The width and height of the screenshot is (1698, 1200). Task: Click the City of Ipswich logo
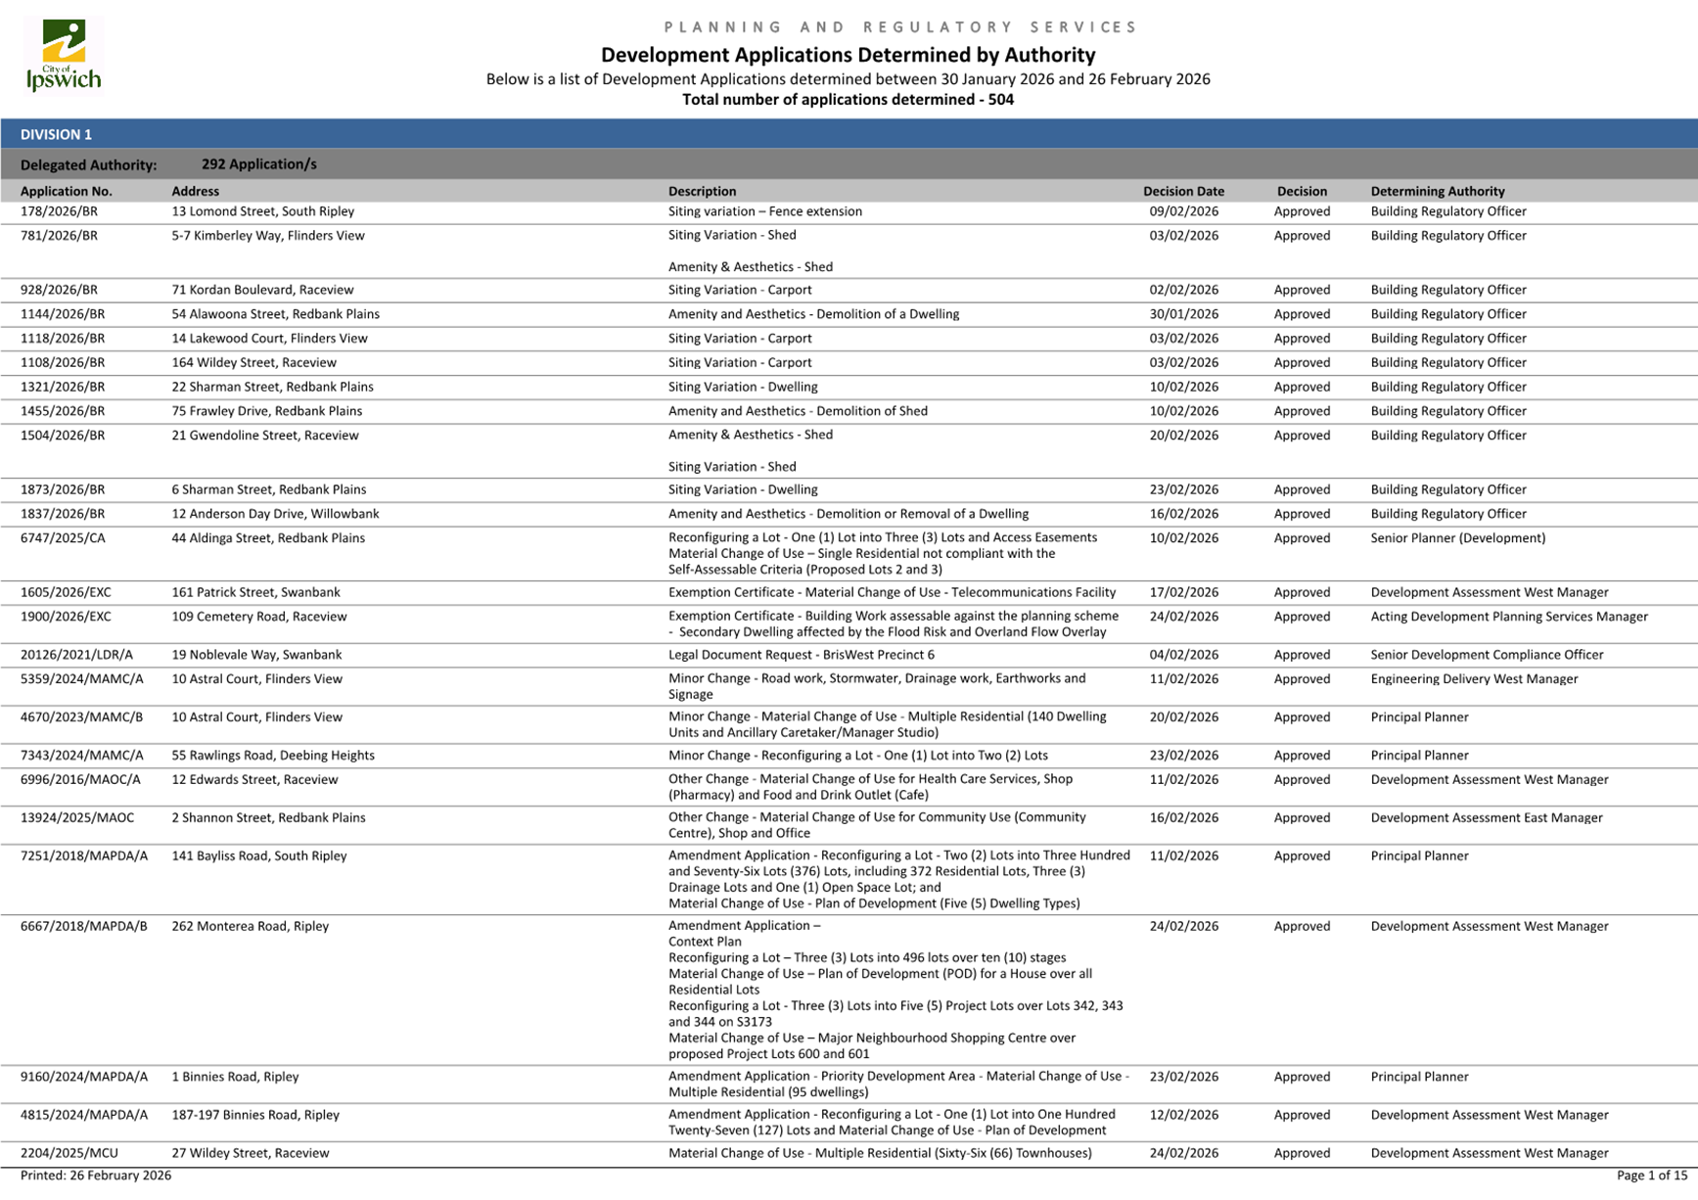(x=64, y=55)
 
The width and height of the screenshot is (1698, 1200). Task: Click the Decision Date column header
(x=1183, y=191)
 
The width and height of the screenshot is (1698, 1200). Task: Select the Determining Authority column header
(x=1437, y=191)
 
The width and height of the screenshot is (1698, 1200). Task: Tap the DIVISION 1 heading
(x=56, y=134)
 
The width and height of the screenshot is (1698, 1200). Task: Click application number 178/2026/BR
(x=59, y=211)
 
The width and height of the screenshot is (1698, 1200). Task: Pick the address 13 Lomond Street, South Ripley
(x=262, y=211)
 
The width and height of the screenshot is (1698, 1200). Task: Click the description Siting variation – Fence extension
(x=764, y=211)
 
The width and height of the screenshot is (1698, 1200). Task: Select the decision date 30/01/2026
(x=1183, y=314)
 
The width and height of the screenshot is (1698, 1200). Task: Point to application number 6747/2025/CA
(x=63, y=538)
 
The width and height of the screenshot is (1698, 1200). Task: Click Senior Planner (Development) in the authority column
(x=1457, y=538)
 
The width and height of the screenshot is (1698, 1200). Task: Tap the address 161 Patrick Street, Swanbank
(x=255, y=592)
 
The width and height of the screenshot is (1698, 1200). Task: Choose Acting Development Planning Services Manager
(x=1508, y=617)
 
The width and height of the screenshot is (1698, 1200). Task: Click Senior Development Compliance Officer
(x=1487, y=655)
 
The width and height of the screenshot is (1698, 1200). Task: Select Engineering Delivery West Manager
(x=1474, y=679)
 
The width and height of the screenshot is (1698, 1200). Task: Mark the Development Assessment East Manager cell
(x=1486, y=818)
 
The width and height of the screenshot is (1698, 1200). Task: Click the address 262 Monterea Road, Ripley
(x=250, y=926)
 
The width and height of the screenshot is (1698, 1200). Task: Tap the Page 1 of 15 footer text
(x=1651, y=1176)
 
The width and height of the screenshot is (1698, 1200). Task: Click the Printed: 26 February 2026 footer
(x=96, y=1176)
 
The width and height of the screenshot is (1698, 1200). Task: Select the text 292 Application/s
(x=258, y=164)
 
